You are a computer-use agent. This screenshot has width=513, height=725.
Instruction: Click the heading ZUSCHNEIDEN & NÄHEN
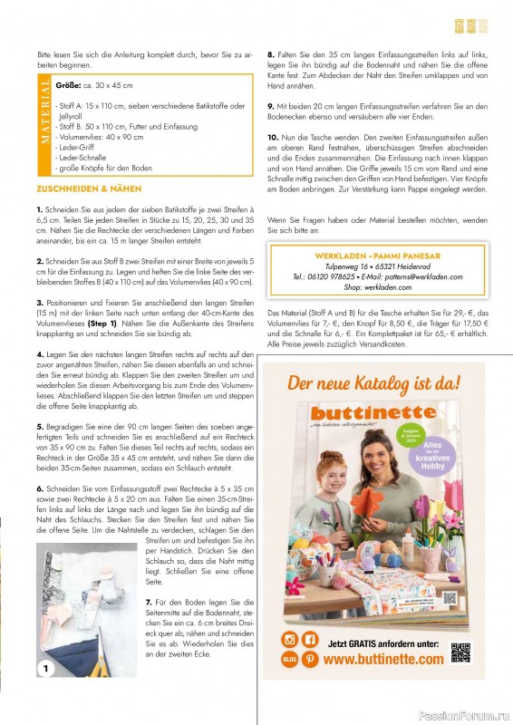tap(88, 188)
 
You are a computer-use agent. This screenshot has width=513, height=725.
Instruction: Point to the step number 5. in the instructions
tap(40, 425)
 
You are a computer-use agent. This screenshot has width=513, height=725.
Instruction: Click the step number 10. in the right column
tap(273, 136)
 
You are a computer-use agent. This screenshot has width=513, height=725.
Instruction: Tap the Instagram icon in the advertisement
tap(290, 640)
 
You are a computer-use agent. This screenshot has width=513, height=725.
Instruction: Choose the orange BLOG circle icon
tap(290, 659)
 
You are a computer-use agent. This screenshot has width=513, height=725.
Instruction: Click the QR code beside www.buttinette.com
tap(462, 651)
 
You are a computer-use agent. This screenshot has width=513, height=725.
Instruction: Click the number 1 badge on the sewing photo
tap(44, 669)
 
